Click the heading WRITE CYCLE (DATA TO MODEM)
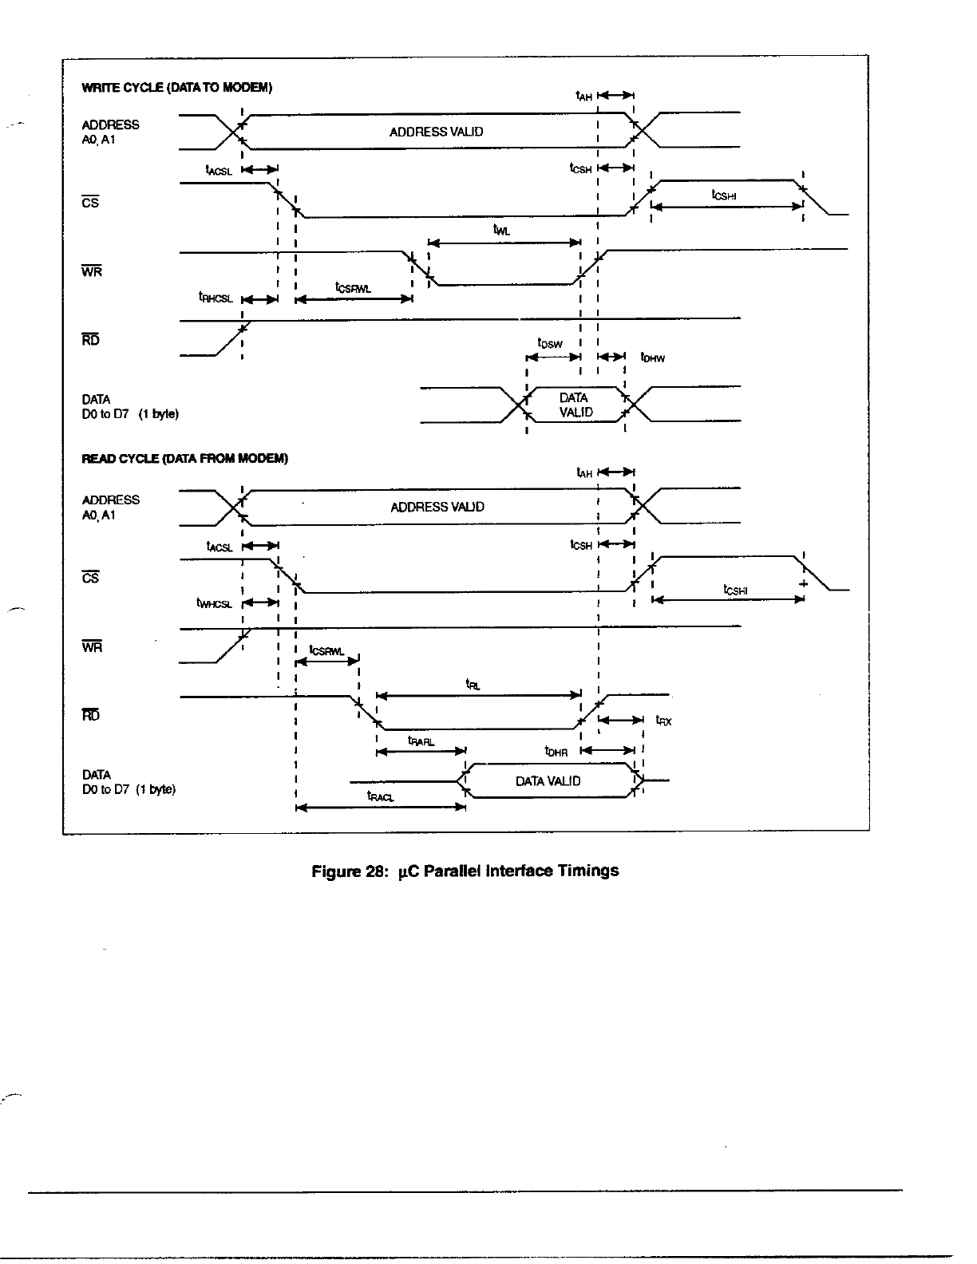pos(177,88)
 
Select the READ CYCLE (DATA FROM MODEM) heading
pos(184,459)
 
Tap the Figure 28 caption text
pos(465,871)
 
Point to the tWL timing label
pos(501,231)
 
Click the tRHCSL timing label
pos(216,297)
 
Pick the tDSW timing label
pos(550,344)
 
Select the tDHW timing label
pos(652,358)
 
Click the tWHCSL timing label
pos(214,603)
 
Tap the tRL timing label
pos(473,685)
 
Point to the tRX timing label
pos(663,721)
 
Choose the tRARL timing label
pos(421,741)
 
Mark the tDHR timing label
pos(556,751)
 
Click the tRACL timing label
pos(380,796)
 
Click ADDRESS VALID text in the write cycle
pos(436,132)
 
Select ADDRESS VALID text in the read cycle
pos(437,507)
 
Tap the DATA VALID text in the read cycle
pos(548,781)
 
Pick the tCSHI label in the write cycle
pos(723,194)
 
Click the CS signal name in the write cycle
pos(90,203)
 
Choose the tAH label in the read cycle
pos(584,472)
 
